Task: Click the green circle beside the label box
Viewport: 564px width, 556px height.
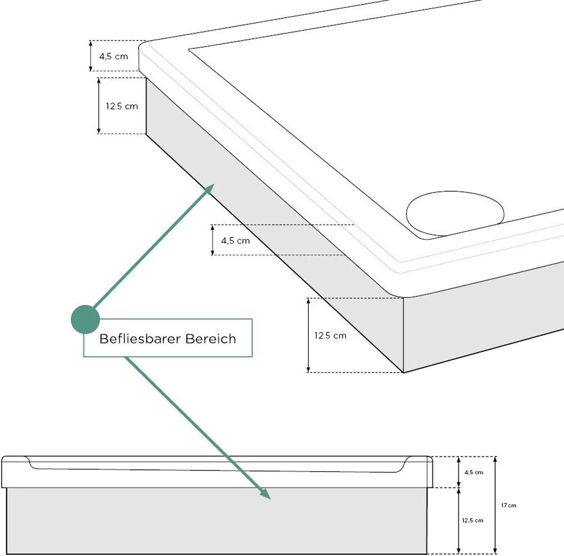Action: (x=85, y=320)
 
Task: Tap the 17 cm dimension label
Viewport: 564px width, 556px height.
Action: (x=508, y=505)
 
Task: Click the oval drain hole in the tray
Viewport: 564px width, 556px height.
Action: (x=455, y=213)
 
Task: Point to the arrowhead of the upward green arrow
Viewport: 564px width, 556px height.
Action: (x=210, y=188)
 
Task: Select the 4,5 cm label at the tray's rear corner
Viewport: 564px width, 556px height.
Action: (x=113, y=56)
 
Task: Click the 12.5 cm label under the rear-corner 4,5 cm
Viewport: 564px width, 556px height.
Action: (x=122, y=106)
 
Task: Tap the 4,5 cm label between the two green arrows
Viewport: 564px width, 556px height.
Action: (x=235, y=241)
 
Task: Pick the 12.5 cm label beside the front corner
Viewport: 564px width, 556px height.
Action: (x=330, y=335)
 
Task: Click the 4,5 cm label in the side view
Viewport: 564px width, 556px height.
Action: (x=473, y=472)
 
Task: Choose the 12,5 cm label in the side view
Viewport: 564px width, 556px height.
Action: (x=473, y=520)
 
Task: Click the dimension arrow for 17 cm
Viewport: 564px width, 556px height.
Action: (x=496, y=505)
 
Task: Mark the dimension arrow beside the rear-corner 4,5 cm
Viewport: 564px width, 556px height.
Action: (x=91, y=56)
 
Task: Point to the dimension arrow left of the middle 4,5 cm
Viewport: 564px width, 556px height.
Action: (x=212, y=240)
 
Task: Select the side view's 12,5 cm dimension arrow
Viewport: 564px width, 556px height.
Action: (x=458, y=520)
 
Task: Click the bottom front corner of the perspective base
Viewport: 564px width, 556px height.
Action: (x=403, y=372)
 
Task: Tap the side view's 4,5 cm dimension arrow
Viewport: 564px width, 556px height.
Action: (x=458, y=472)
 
